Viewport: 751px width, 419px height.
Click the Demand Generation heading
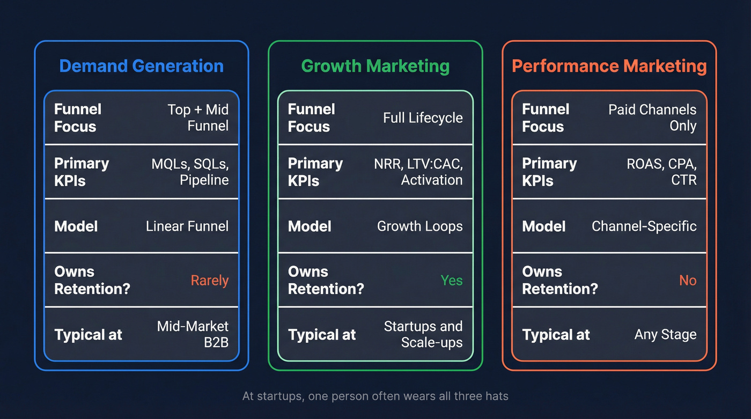[x=141, y=66]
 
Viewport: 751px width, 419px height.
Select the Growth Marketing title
[x=375, y=66]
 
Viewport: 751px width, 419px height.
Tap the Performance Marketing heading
[x=609, y=66]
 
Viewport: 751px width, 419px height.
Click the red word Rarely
[x=209, y=281]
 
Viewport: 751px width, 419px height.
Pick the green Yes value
[x=451, y=281]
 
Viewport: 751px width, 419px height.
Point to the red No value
[x=687, y=281]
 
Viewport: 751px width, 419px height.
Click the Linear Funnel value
[x=187, y=226]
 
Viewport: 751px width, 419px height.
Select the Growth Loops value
[x=419, y=226]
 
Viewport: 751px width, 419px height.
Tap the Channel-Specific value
[x=644, y=226]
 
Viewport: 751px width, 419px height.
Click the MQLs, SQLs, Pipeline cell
[x=190, y=172]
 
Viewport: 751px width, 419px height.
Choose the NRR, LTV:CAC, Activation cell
[x=418, y=172]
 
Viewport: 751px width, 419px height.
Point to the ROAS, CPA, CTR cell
[x=661, y=172]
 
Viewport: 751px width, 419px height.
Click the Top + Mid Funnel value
[x=198, y=117]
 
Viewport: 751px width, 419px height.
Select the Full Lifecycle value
[x=423, y=118]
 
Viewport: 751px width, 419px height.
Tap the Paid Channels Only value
[x=652, y=117]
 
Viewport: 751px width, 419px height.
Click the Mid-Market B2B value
[x=193, y=334]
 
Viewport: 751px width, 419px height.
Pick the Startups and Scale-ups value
[x=423, y=334]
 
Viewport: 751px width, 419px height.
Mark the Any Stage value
[x=665, y=335]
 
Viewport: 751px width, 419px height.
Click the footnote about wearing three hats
[x=375, y=396]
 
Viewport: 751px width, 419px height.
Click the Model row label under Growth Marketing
[x=310, y=226]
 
